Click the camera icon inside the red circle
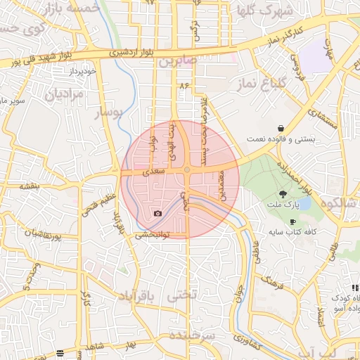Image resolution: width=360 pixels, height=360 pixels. click(x=157, y=213)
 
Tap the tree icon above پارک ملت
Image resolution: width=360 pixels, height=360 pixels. click(x=283, y=193)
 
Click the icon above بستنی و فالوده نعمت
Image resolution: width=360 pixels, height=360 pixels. click(x=281, y=129)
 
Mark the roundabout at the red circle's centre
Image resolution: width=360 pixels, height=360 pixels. click(x=188, y=170)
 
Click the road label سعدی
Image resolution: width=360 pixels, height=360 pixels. click(x=154, y=171)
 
